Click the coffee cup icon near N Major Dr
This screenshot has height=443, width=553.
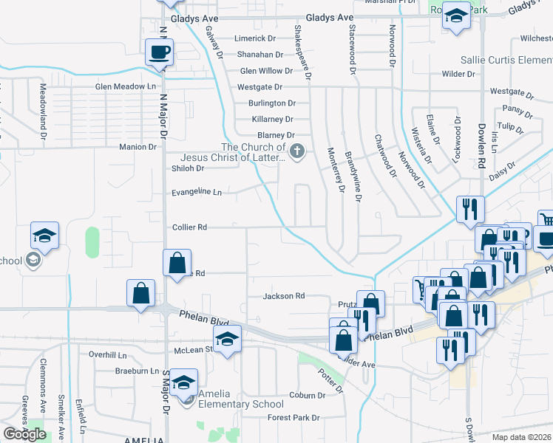point(160,52)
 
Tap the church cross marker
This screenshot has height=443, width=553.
point(296,152)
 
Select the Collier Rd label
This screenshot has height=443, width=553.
point(190,227)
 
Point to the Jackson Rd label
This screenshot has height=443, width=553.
point(284,296)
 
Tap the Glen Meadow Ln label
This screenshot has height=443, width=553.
point(126,87)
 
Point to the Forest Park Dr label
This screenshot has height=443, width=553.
point(294,417)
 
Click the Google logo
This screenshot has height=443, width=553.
point(24,433)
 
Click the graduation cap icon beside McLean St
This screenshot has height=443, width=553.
point(228,338)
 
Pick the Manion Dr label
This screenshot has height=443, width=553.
point(138,147)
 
